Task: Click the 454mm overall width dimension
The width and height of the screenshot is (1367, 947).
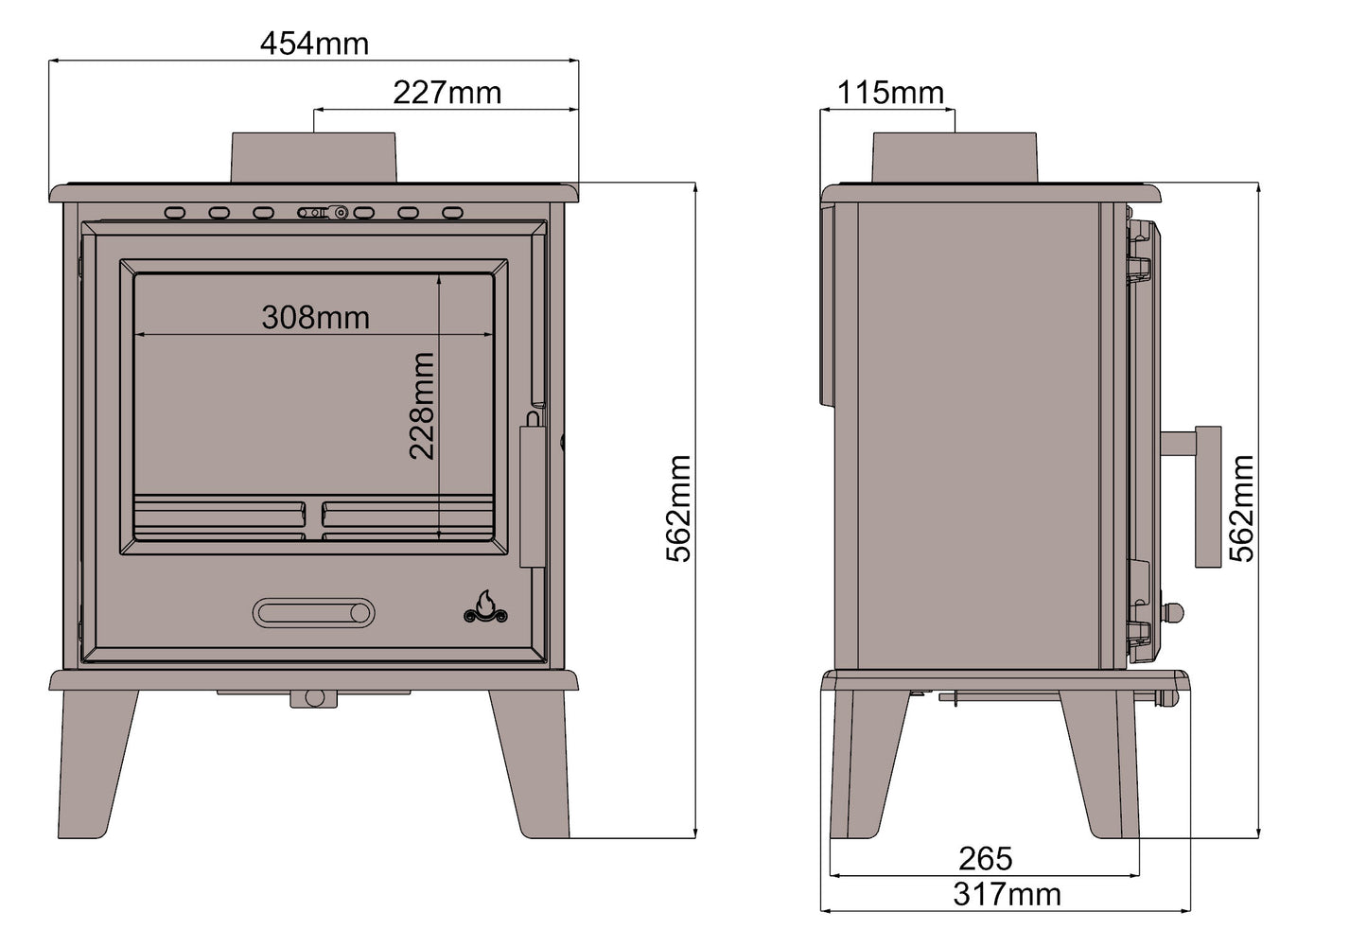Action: pos(314,44)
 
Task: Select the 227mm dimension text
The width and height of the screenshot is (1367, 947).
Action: pos(447,93)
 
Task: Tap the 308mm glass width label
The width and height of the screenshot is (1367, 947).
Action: pos(315,317)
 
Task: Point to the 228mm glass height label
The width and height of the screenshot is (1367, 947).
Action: pos(422,406)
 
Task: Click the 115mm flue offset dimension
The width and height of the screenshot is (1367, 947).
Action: pos(890,93)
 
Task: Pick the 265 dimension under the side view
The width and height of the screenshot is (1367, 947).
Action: pos(985,858)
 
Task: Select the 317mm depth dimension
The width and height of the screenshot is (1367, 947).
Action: pos(1006,894)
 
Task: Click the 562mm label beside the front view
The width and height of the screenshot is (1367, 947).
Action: pos(679,509)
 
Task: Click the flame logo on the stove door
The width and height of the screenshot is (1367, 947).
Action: pos(485,607)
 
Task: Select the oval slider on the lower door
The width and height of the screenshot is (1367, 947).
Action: pos(313,613)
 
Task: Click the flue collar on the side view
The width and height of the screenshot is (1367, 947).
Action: pos(954,157)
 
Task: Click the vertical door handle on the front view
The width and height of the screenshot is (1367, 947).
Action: pos(533,496)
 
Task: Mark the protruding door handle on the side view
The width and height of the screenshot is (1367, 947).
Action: pos(1207,496)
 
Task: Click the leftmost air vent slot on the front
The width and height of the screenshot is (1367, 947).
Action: pos(175,213)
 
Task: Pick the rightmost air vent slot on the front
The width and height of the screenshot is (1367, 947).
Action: pos(453,213)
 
